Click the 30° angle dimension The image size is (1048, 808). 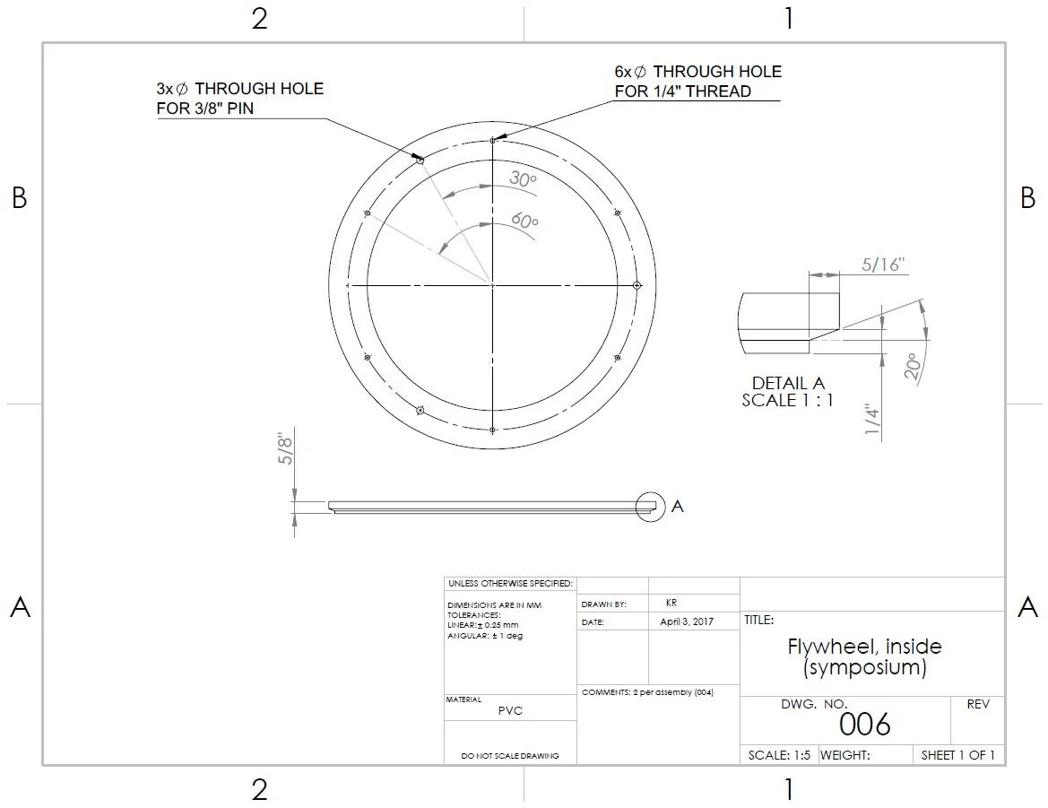523,179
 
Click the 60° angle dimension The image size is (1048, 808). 524,220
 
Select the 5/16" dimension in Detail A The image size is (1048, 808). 883,265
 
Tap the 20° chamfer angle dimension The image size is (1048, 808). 913,367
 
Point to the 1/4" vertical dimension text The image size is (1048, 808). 872,420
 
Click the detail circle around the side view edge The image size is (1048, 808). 650,506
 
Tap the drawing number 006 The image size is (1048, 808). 865,724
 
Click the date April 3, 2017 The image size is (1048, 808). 687,621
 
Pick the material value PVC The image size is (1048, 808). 510,710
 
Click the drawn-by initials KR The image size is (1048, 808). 671,604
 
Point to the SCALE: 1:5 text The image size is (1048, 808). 779,755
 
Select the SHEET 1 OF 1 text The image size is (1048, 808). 958,755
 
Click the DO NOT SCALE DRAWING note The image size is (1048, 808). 510,756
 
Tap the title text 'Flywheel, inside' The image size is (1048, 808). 864,647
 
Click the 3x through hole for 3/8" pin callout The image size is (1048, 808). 239,99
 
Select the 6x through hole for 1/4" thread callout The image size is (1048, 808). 697,81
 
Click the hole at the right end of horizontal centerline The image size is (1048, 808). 637,285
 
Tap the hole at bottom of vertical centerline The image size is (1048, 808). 493,430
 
